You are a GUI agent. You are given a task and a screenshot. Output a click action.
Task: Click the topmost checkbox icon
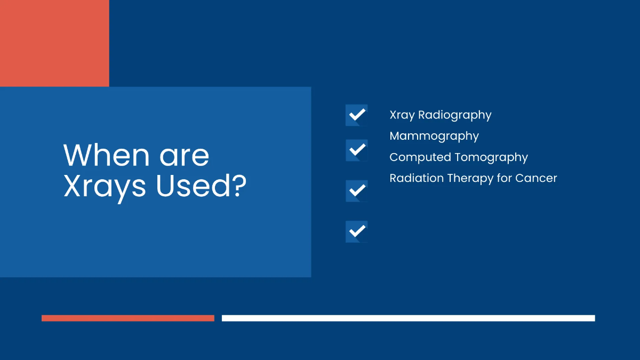356,115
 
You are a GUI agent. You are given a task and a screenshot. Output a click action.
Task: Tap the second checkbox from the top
356,150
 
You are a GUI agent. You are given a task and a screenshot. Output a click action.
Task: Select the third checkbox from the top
356,190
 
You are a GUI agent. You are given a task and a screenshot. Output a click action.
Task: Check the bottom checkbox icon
356,231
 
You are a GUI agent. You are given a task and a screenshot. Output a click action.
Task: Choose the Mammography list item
434,137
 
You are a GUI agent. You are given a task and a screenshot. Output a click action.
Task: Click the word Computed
420,157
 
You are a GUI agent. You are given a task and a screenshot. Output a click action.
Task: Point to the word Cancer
536,178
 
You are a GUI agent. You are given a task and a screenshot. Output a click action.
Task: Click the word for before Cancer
505,178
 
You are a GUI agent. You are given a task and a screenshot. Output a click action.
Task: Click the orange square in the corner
54,43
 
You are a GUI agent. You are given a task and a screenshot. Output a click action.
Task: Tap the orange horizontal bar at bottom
128,318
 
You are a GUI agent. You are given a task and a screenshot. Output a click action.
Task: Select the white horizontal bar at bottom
408,318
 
